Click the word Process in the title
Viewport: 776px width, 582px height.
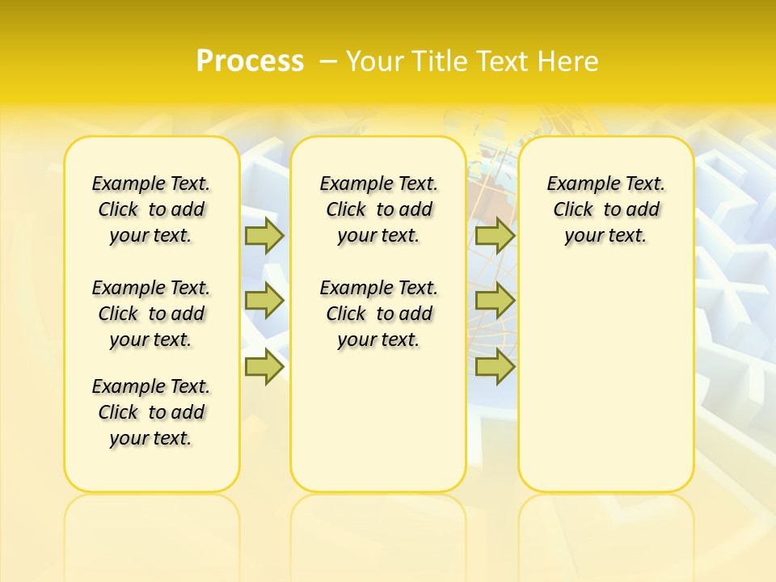[250, 61]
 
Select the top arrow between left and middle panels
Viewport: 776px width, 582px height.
[264, 236]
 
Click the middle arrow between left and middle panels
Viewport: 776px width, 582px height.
[264, 301]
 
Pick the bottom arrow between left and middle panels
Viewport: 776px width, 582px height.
[264, 367]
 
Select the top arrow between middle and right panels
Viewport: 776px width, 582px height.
[495, 236]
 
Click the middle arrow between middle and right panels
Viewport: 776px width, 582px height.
[495, 301]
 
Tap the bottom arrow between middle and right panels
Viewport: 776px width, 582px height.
[495, 367]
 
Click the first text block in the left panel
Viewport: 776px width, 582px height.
[151, 209]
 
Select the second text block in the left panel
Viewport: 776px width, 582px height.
[151, 314]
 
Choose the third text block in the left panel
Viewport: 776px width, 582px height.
[151, 412]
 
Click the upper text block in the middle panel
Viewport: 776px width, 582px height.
[378, 209]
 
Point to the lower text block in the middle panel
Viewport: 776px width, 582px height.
[378, 314]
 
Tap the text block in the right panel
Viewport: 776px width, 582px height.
[606, 209]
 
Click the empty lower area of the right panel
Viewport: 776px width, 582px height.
[606, 372]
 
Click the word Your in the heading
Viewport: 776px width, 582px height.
[374, 61]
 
